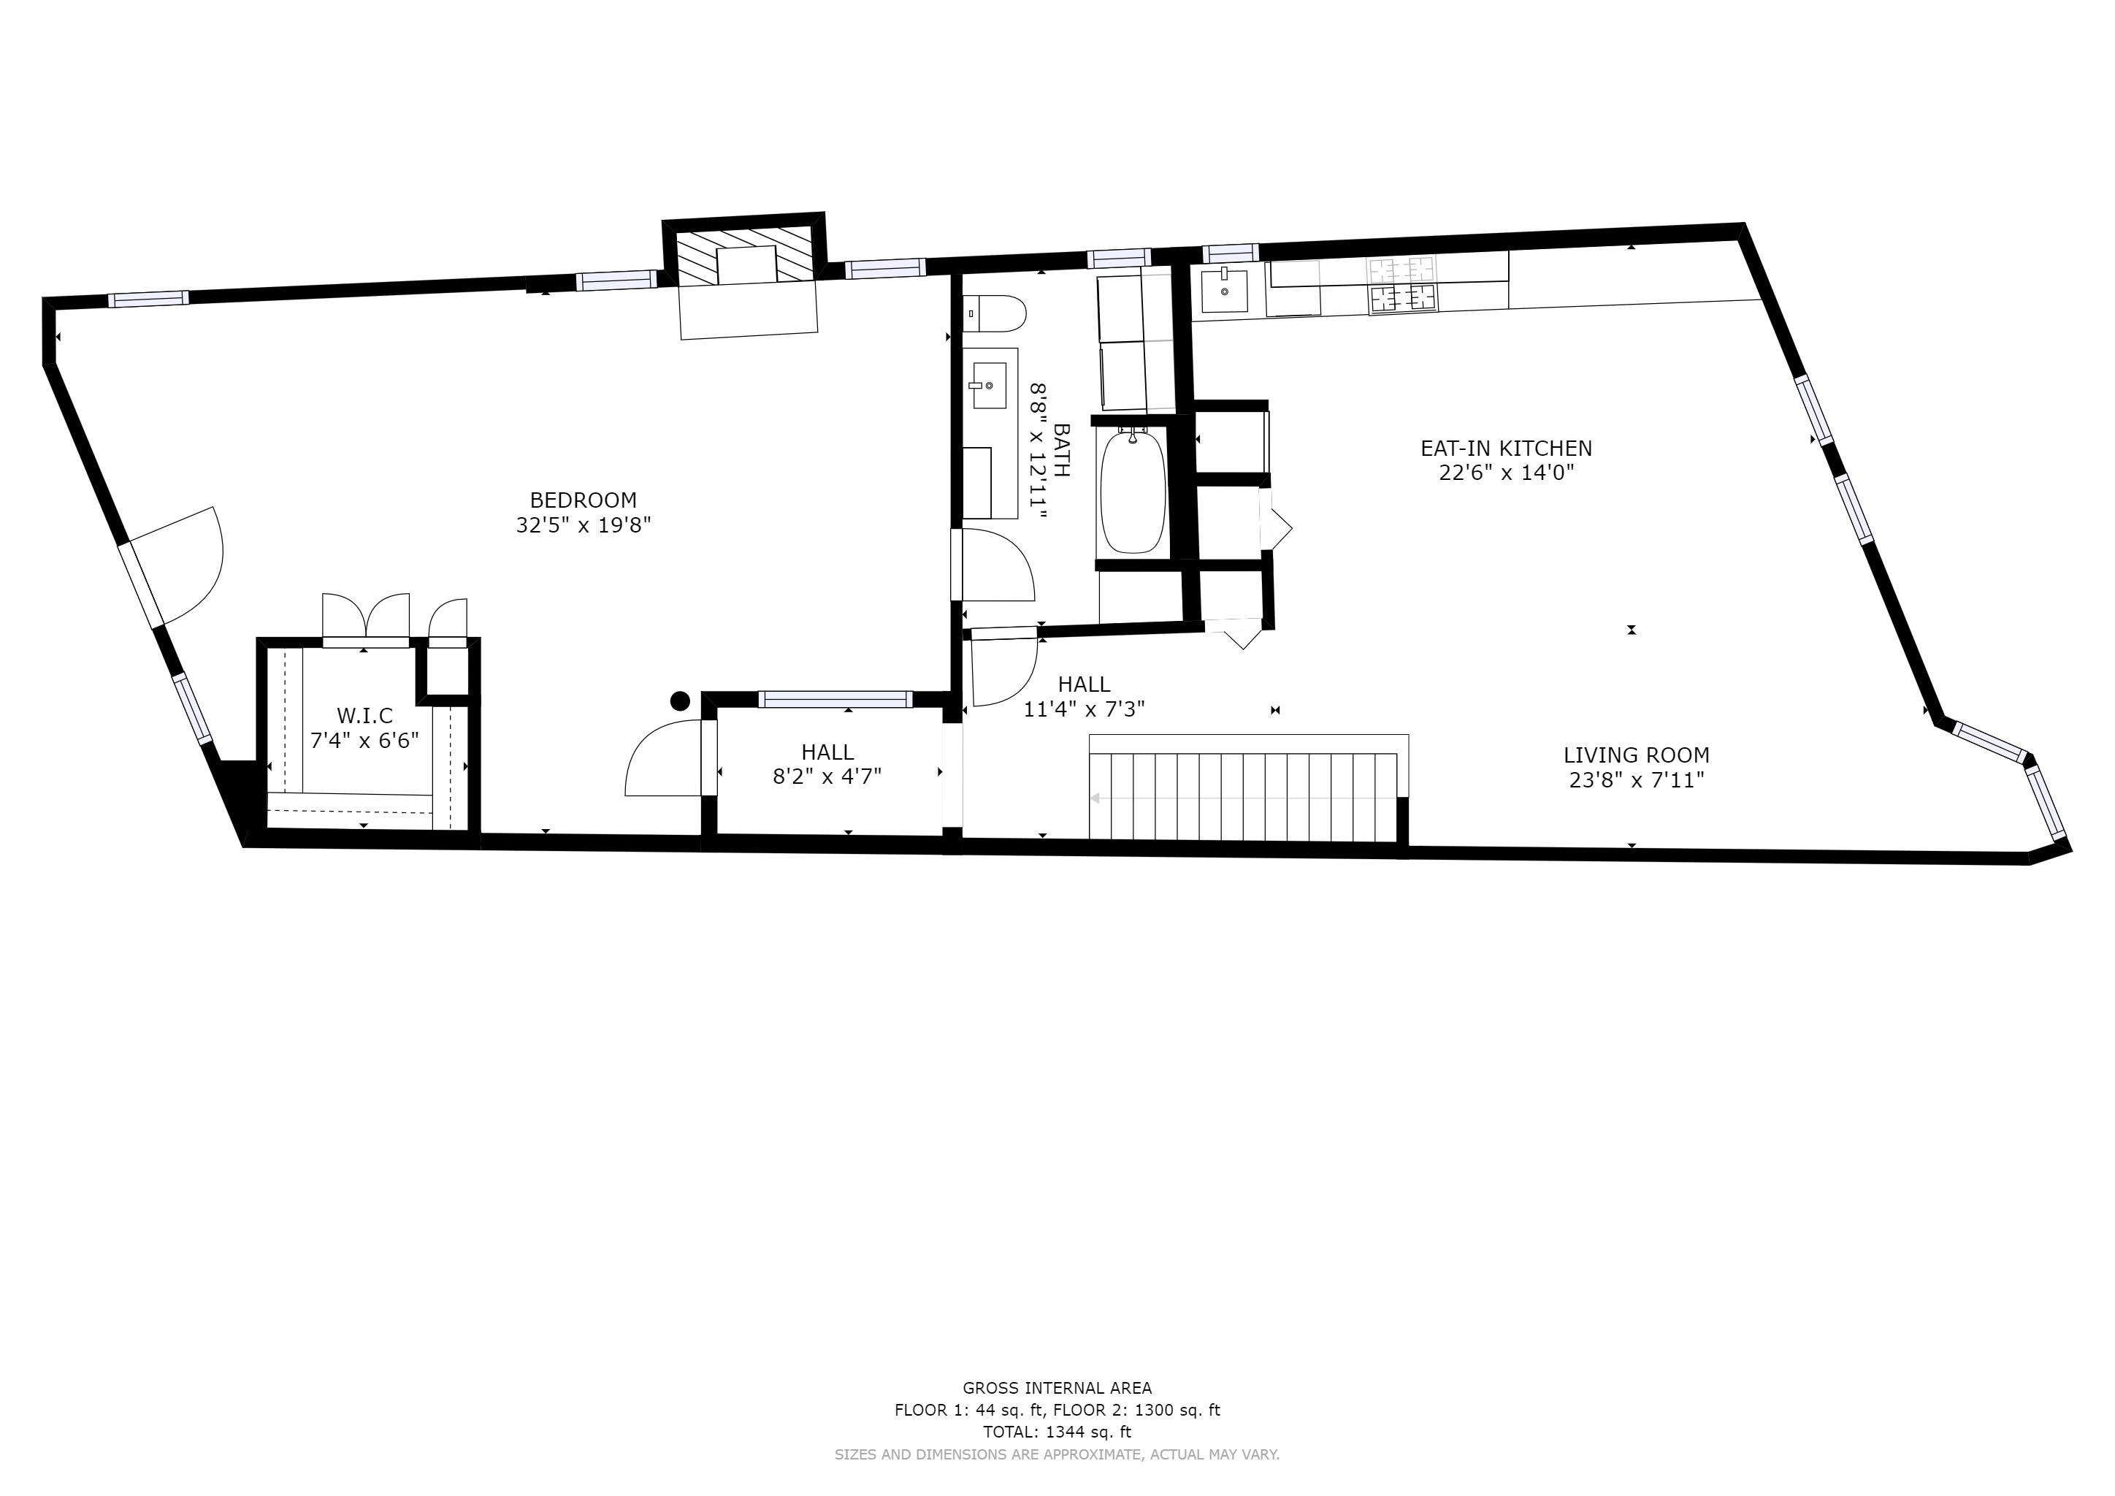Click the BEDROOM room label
(x=583, y=500)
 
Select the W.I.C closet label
(x=364, y=716)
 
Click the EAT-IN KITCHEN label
(x=1506, y=449)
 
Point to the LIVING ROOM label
(x=1636, y=755)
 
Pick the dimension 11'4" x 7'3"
(x=1085, y=709)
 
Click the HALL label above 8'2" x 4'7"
(x=827, y=752)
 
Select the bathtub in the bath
(x=1132, y=492)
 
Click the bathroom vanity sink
(x=988, y=386)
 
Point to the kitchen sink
(x=1224, y=291)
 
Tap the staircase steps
(x=1244, y=797)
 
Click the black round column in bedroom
(x=680, y=701)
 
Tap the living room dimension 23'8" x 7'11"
(x=1637, y=780)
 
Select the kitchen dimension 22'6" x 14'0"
(x=1506, y=473)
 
